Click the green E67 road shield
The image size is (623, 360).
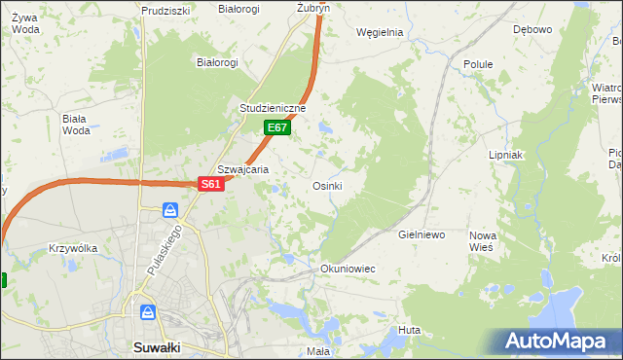click(x=276, y=127)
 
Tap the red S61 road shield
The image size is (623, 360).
click(x=212, y=184)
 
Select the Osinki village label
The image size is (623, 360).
click(x=326, y=186)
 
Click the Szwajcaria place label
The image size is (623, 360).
click(x=242, y=168)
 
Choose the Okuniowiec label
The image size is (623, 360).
click(x=348, y=268)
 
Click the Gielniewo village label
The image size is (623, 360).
click(x=421, y=235)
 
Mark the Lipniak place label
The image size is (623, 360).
click(x=506, y=155)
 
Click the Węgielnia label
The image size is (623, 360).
click(x=380, y=32)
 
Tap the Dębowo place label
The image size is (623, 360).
click(x=532, y=29)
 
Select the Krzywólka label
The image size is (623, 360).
click(x=73, y=248)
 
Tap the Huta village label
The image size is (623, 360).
click(x=409, y=331)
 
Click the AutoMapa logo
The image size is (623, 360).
click(x=558, y=341)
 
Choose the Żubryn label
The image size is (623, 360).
click(x=313, y=7)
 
